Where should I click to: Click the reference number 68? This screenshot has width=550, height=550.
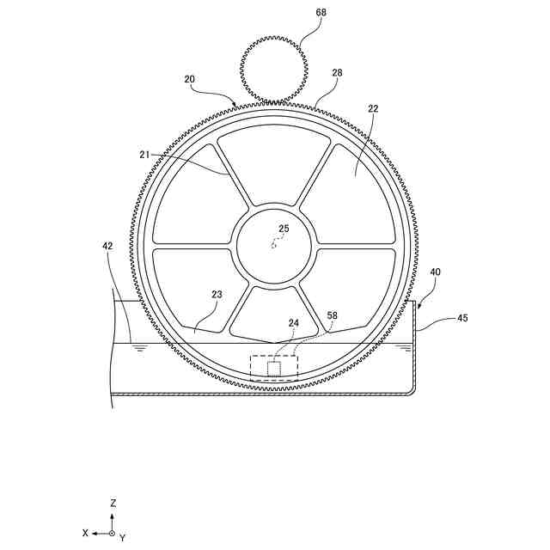[x=321, y=12]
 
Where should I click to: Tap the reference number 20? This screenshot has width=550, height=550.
[x=189, y=79]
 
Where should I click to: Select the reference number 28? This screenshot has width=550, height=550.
[x=337, y=73]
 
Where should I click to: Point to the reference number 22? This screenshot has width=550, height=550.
[x=373, y=109]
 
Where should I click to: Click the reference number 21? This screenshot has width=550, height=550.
[x=144, y=155]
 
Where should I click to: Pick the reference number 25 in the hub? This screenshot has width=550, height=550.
[x=284, y=229]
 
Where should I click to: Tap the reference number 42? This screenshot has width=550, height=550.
[x=107, y=247]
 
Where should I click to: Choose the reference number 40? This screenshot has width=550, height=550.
[x=435, y=272]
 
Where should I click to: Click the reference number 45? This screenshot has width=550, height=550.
[x=462, y=318]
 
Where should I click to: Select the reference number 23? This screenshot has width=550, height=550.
[x=217, y=294]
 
